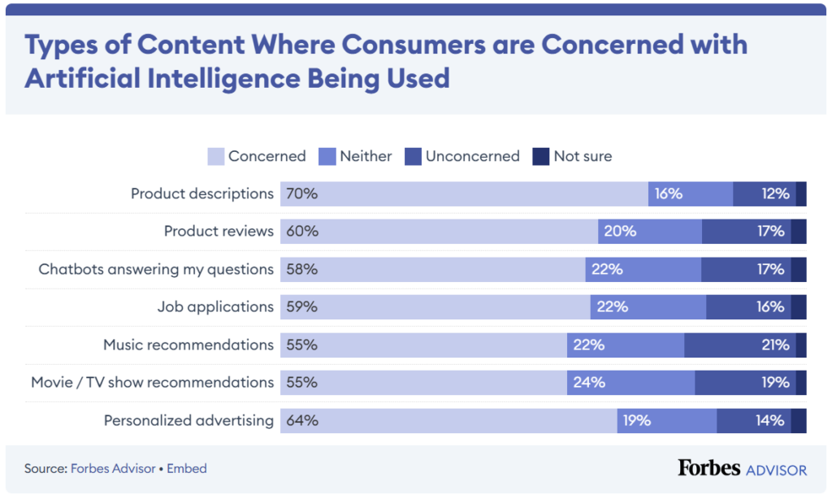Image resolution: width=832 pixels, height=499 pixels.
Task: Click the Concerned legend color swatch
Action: (x=216, y=156)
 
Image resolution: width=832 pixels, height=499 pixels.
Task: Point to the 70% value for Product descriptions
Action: (x=301, y=194)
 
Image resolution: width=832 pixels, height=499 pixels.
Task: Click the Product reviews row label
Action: (x=219, y=232)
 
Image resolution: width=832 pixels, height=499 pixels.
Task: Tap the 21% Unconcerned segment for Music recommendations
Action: (x=739, y=345)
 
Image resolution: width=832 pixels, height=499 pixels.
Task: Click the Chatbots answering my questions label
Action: (x=156, y=270)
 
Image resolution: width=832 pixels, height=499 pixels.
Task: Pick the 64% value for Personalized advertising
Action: (x=301, y=421)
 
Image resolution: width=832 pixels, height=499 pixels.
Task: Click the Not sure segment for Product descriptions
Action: (x=801, y=194)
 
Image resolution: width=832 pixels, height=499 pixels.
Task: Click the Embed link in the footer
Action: (x=187, y=469)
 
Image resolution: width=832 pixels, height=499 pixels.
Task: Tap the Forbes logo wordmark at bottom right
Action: (x=708, y=468)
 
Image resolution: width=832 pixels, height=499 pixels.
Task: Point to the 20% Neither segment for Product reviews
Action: (x=650, y=232)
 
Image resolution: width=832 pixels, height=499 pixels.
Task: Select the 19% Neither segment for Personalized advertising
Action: (x=666, y=421)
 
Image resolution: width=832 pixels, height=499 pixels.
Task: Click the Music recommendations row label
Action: (x=188, y=345)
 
